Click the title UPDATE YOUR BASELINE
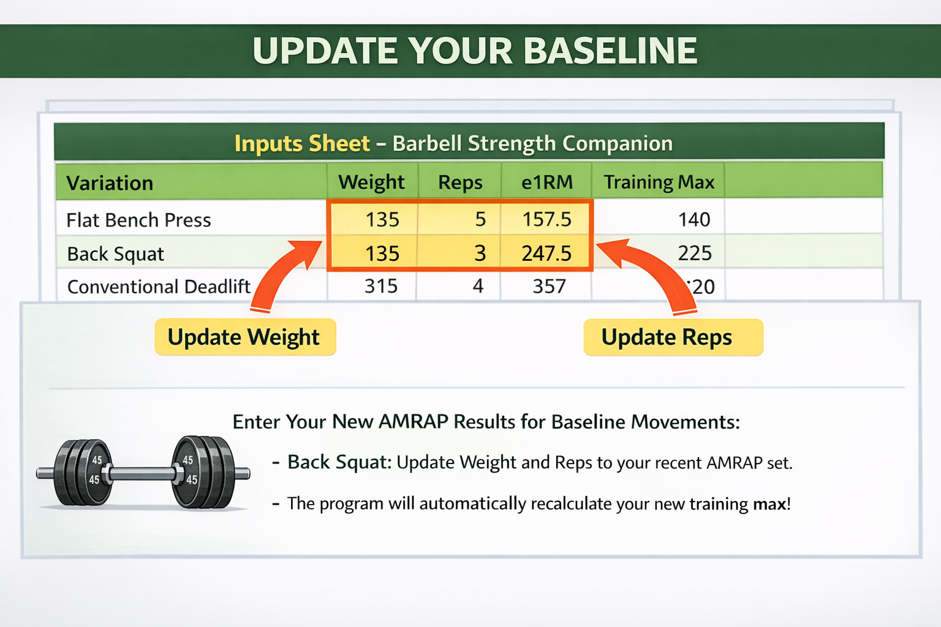(x=475, y=51)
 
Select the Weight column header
(x=371, y=182)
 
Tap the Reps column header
(x=460, y=182)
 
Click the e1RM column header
(x=547, y=182)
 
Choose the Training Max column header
(x=659, y=182)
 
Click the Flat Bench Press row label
(x=138, y=220)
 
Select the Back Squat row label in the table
(x=116, y=253)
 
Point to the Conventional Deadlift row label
(x=159, y=287)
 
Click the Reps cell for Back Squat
(x=480, y=253)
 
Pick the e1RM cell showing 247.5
(x=546, y=253)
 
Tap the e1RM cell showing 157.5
(x=546, y=219)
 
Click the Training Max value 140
(x=694, y=219)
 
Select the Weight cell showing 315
(x=381, y=286)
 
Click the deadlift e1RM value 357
(x=549, y=286)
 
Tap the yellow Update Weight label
(x=244, y=337)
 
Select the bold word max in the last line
(x=769, y=504)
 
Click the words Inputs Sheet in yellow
(x=302, y=143)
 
